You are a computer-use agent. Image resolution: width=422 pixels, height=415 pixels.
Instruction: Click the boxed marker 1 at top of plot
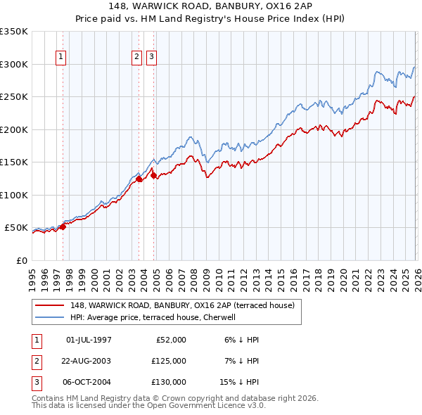pos(61,58)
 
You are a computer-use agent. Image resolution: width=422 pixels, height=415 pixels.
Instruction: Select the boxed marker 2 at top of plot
pos(136,58)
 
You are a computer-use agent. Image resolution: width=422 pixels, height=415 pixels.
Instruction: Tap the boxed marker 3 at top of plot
pos(151,58)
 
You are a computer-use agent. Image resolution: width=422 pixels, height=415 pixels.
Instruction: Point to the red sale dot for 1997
pos(63,226)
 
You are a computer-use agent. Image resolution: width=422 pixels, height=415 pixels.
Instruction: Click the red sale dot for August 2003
pos(139,179)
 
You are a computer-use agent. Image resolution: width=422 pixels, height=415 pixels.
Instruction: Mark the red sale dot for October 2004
pos(153,175)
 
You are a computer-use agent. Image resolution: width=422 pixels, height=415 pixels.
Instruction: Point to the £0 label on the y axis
pos(21,260)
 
